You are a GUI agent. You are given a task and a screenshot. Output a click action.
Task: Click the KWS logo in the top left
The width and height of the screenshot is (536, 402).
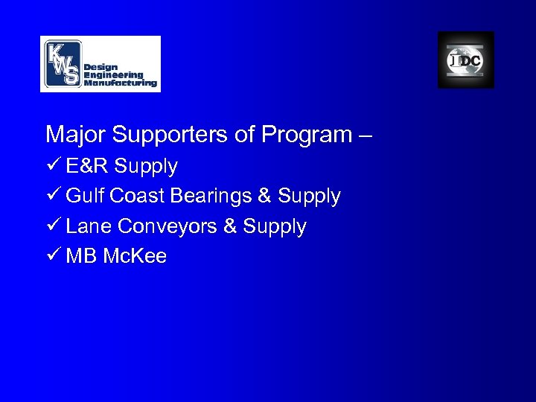pos(100,63)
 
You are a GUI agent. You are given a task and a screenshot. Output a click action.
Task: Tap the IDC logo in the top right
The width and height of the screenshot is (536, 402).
pos(465,60)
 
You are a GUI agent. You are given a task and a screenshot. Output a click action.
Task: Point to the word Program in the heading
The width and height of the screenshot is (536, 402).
pos(298,135)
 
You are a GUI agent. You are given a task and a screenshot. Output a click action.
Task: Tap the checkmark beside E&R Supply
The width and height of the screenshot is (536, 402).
pos(52,166)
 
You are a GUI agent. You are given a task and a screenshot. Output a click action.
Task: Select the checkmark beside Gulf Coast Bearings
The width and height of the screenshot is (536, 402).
pos(52,197)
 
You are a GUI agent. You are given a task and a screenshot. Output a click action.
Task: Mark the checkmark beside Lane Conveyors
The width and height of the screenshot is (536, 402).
pos(52,226)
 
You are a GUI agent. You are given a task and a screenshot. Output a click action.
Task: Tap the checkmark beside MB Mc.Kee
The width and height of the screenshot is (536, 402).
pos(52,257)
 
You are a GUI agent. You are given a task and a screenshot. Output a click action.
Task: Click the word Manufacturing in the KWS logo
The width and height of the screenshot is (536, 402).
pos(121,83)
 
